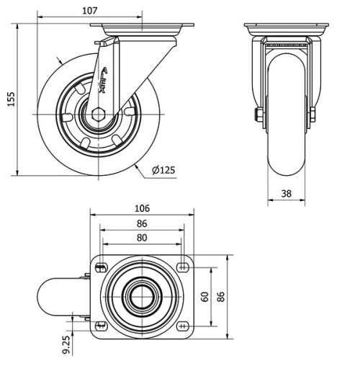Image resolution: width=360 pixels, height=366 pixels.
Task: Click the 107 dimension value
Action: (90, 11)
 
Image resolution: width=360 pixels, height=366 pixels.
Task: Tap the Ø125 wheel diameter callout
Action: (164, 170)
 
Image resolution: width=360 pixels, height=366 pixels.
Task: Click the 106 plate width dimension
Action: (143, 208)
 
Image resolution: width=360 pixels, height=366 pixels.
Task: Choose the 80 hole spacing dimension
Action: (143, 237)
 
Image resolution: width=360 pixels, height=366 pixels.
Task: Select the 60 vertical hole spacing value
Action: (205, 297)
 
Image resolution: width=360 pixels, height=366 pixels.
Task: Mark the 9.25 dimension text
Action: (67, 344)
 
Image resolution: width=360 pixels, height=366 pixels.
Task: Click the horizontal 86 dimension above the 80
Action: (143, 224)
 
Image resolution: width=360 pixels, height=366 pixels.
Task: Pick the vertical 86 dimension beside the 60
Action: (221, 297)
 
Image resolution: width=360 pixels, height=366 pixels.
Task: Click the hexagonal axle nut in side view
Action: (98, 113)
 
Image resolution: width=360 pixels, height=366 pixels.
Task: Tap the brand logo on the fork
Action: (103, 79)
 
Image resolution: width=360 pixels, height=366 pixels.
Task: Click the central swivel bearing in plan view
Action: (142, 297)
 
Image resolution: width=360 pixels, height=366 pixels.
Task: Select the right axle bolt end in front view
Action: (312, 115)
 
